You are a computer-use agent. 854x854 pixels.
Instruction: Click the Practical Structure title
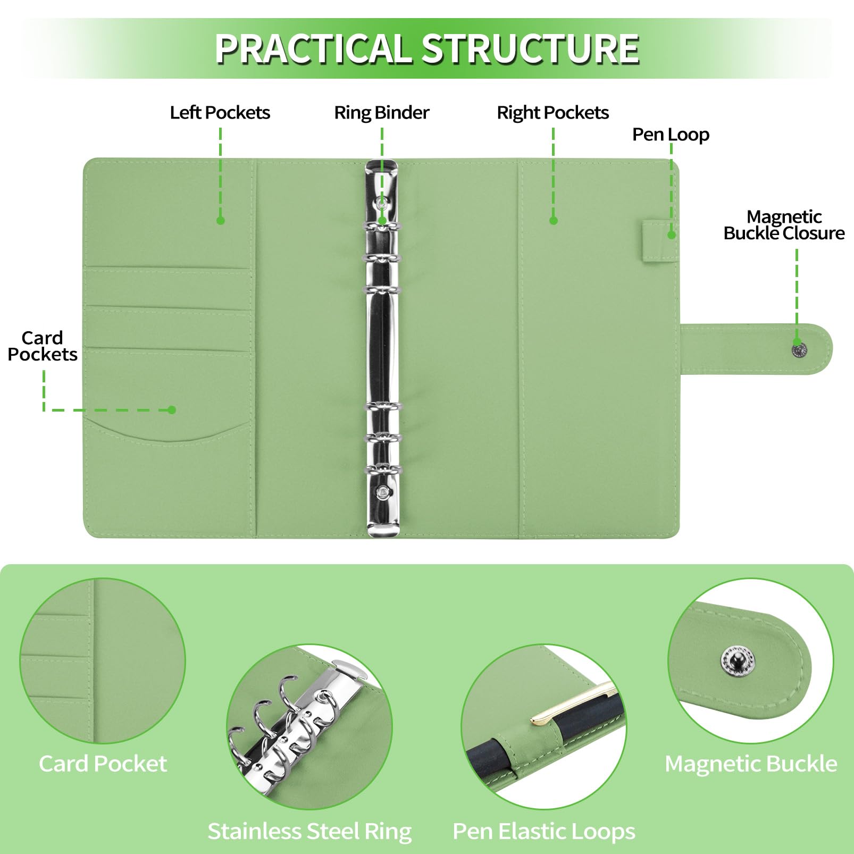tap(426, 49)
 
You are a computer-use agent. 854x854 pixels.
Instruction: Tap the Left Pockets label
tap(220, 113)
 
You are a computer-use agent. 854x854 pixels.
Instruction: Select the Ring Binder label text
tap(381, 113)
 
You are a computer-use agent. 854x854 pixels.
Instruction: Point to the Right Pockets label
tap(552, 113)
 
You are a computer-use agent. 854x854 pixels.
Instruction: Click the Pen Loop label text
tap(671, 135)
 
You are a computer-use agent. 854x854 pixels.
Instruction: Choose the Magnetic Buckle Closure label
tap(784, 225)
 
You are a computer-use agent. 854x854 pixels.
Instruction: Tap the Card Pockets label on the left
tap(43, 346)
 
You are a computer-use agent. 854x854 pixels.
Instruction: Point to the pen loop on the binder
tap(659, 242)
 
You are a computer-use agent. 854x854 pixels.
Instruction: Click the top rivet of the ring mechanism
tap(382, 203)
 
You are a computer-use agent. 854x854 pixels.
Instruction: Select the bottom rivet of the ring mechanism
tap(382, 493)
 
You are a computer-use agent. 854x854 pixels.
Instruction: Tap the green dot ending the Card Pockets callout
tap(171, 409)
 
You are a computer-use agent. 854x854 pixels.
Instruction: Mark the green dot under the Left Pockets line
tap(221, 220)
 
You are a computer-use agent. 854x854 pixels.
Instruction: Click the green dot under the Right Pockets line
tap(554, 220)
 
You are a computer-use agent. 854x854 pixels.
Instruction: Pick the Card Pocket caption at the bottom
tap(103, 764)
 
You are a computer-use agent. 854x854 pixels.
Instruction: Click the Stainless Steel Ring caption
tap(309, 831)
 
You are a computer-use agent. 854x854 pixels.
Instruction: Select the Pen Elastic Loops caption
tap(543, 831)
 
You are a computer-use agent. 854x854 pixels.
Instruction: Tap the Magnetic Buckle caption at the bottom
tap(751, 764)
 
